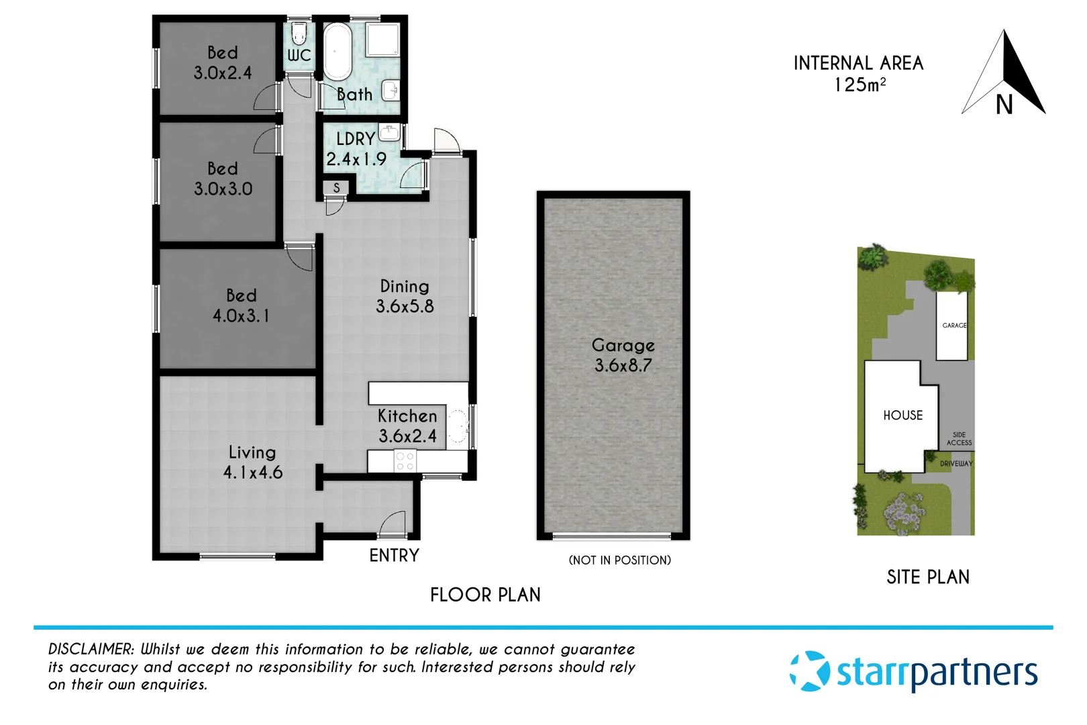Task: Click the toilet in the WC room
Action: click(299, 34)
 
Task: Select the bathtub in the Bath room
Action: click(338, 52)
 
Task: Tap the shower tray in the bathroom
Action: click(382, 40)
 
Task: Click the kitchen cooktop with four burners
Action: click(405, 461)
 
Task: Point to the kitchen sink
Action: click(458, 426)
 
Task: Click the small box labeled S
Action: click(336, 188)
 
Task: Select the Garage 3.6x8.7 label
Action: click(623, 355)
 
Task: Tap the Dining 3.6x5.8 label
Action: click(405, 296)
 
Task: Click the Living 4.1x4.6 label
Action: click(252, 462)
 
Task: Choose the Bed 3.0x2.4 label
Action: click(223, 62)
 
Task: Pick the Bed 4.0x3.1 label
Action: click(241, 305)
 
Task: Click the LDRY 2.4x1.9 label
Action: click(356, 149)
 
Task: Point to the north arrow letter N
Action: click(1004, 105)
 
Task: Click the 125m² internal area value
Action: click(860, 85)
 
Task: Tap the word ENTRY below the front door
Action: click(394, 555)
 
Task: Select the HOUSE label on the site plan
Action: click(902, 416)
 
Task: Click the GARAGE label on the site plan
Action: click(954, 326)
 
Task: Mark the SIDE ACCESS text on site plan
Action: click(959, 439)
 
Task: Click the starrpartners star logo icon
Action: click(809, 671)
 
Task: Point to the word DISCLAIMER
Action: click(91, 649)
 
